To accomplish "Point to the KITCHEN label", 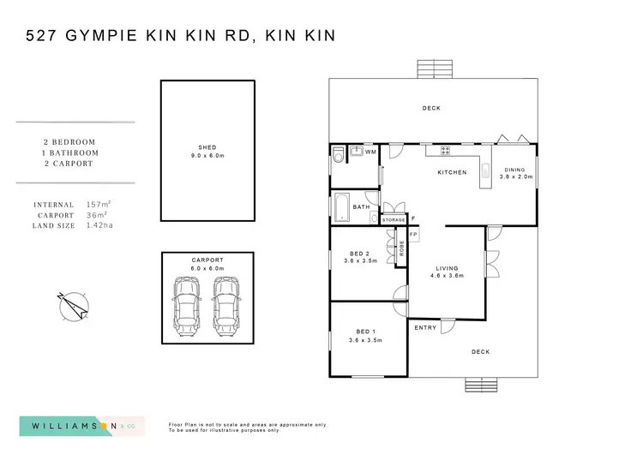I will click(452, 172).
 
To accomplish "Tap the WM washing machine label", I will click(370, 152).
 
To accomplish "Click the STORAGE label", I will click(394, 220).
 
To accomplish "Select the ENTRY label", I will click(425, 327).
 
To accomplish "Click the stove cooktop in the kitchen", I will click(446, 151).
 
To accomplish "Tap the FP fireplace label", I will click(412, 234).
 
